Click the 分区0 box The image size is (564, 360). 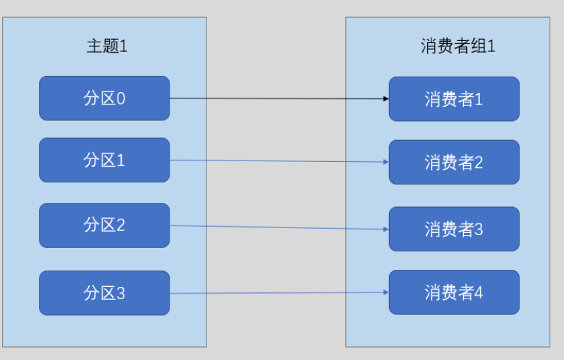(105, 98)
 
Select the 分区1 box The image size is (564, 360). (105, 160)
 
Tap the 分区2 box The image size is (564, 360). (105, 225)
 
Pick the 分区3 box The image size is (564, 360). (105, 293)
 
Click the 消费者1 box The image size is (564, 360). (454, 99)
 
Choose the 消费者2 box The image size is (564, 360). (454, 162)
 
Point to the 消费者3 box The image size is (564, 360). (454, 229)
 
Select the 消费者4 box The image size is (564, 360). (454, 292)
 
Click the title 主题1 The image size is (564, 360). (107, 46)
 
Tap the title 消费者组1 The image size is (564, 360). (457, 46)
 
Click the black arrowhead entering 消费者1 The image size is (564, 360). (386, 98)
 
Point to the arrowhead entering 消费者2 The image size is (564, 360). (386, 162)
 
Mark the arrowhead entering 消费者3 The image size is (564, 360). (386, 230)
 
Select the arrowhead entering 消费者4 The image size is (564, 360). (386, 292)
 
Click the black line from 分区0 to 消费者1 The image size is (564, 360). (279, 98)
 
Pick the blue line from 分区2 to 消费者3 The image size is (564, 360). (279, 227)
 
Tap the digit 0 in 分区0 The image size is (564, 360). (121, 99)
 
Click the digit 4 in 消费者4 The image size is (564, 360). (479, 292)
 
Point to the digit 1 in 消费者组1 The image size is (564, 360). (491, 46)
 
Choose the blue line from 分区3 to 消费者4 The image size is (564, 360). (279, 293)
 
